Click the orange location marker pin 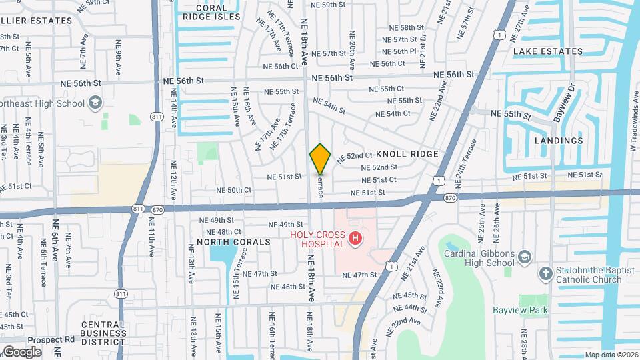click(x=320, y=159)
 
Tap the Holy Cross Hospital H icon click(x=357, y=238)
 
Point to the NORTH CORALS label click(x=233, y=242)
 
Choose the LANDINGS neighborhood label click(x=558, y=141)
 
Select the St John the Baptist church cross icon click(x=545, y=273)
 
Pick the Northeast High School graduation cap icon click(x=95, y=103)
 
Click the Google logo click(x=22, y=351)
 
